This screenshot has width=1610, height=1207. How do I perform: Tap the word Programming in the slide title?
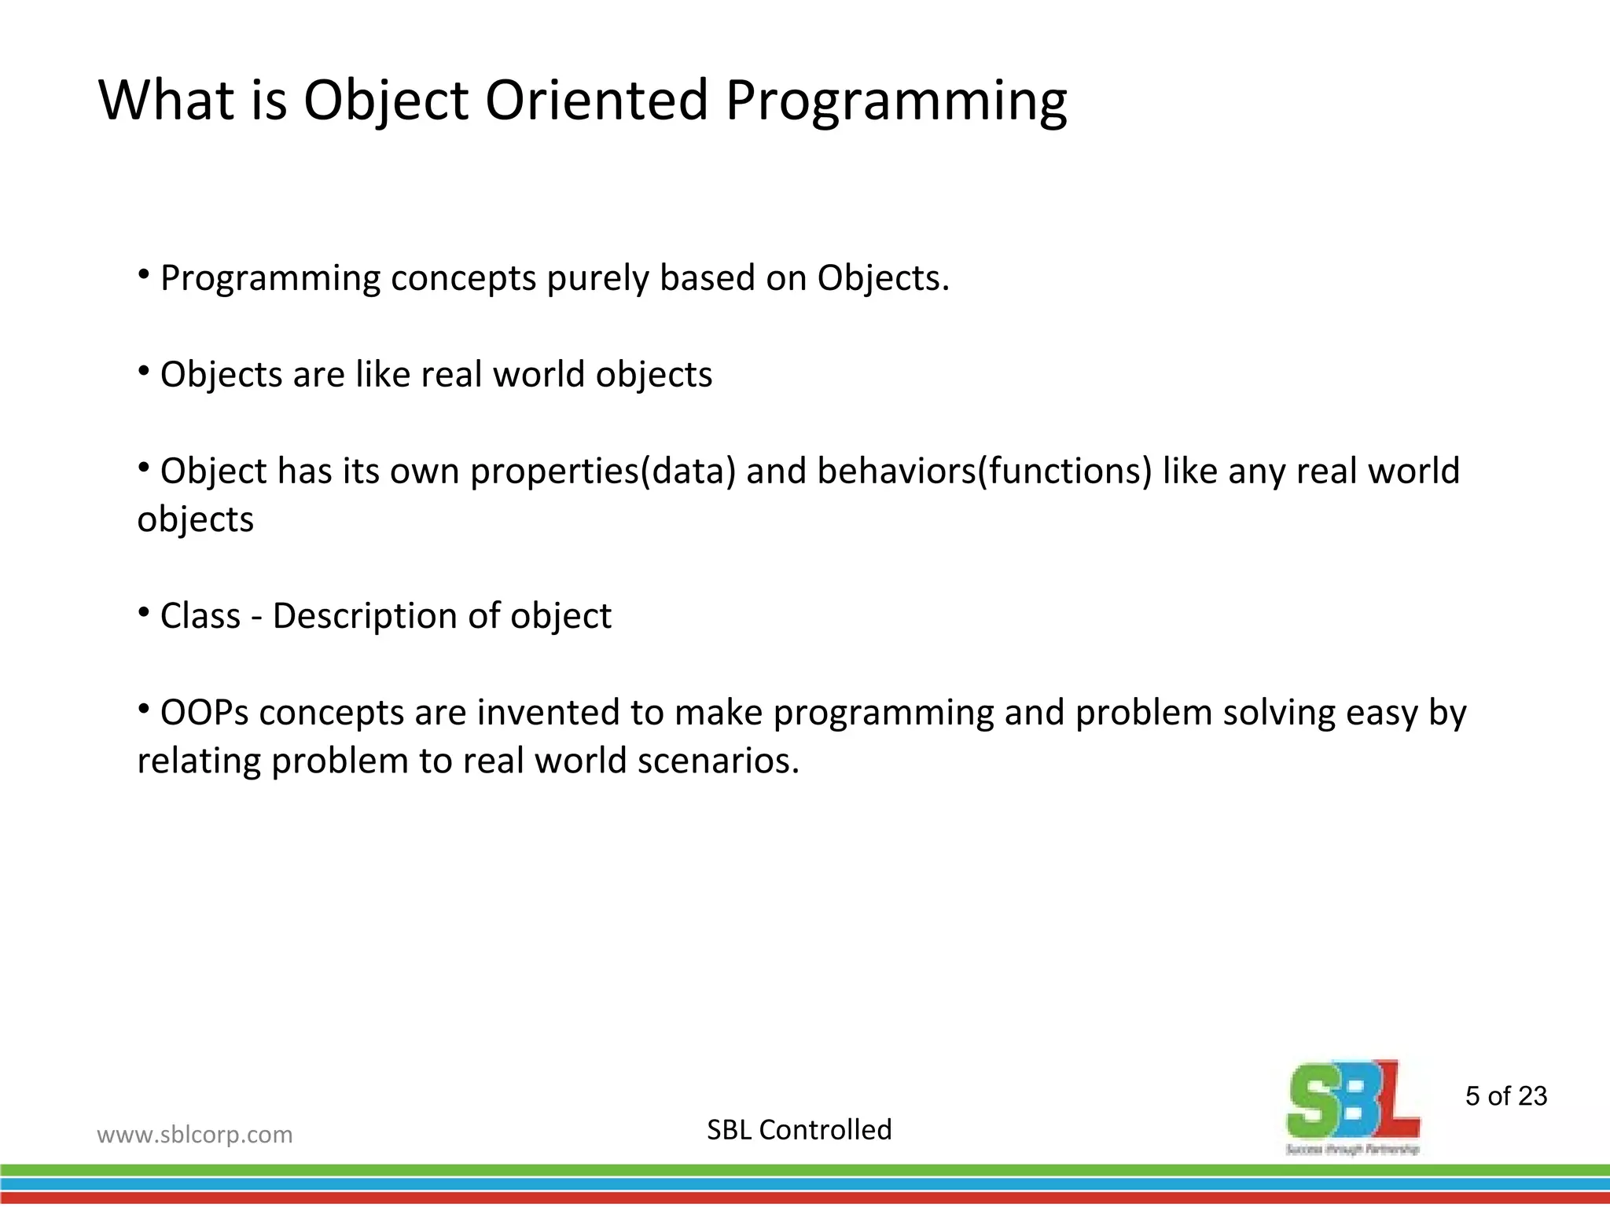895,102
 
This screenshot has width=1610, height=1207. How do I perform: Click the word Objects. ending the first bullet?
883,279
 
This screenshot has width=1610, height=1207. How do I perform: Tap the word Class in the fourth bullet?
200,616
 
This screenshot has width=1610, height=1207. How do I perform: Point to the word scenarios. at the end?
718,761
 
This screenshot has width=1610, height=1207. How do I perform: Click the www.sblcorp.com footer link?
194,1135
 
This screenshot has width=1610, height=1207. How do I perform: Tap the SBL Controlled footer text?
799,1130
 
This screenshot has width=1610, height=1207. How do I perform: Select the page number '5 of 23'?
1505,1096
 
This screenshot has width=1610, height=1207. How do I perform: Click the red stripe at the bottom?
805,1198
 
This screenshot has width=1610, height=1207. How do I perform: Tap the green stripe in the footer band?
805,1170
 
